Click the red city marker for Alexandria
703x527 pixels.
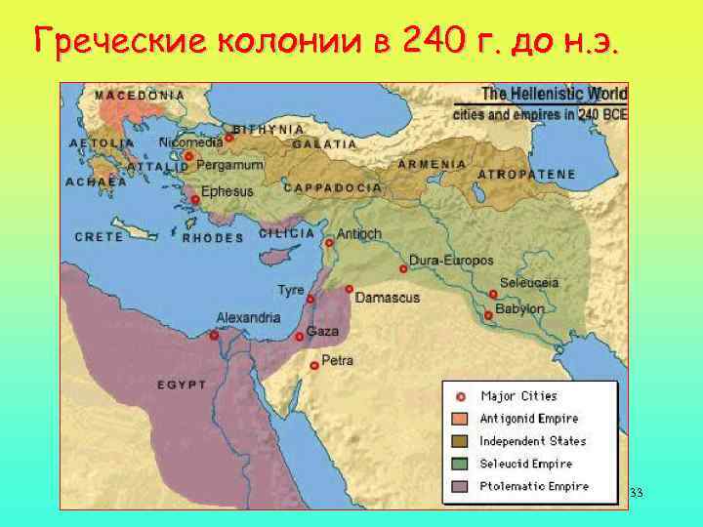(214, 335)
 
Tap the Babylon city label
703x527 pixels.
(519, 308)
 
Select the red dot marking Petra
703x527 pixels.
(313, 366)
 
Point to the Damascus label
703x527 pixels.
(387, 297)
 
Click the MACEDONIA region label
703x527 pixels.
(140, 96)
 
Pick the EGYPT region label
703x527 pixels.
(182, 385)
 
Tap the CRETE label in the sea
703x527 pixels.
(99, 236)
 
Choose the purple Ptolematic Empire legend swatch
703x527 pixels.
(460, 486)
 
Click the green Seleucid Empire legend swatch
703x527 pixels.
(460, 464)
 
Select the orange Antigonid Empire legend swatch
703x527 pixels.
(460, 419)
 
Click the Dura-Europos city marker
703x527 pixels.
(402, 268)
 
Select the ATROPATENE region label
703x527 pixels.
(526, 174)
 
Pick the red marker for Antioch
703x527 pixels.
(330, 243)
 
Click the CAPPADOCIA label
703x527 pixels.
(332, 186)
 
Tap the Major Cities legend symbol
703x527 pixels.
(460, 396)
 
